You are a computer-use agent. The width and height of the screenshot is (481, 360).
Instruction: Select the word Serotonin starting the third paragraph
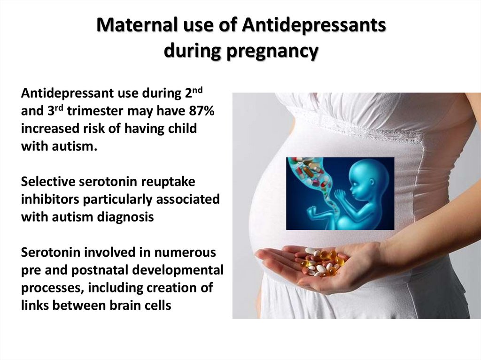pyautogui.click(x=51, y=253)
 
